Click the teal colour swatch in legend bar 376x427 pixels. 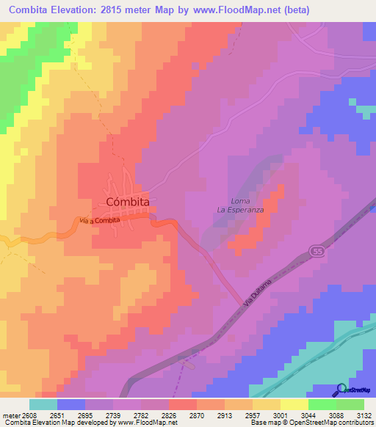point(43,404)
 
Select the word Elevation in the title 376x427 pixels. point(74,10)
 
